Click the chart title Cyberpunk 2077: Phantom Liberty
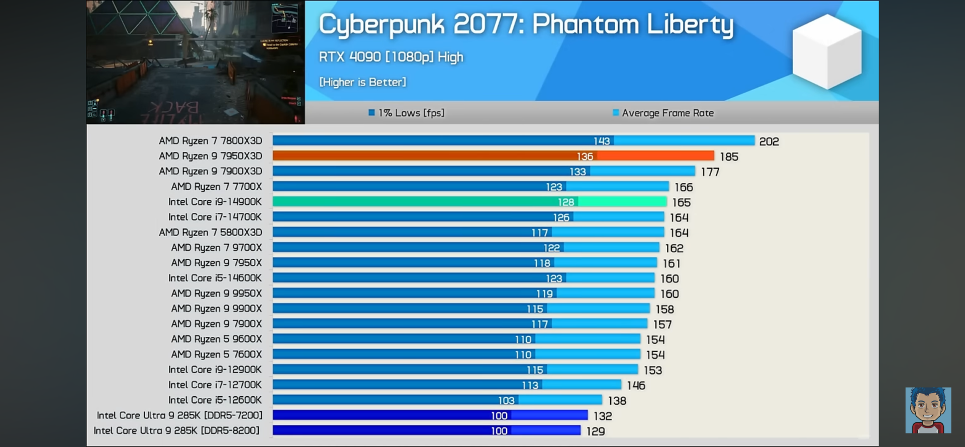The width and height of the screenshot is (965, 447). click(526, 25)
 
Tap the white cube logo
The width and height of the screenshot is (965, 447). click(827, 51)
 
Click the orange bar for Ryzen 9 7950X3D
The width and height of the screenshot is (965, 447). click(493, 156)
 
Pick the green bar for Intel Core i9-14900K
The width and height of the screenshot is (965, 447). click(469, 202)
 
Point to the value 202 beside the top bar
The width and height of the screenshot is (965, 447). click(769, 141)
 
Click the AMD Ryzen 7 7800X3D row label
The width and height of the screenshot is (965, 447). click(210, 141)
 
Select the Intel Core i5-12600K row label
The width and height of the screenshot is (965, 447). click(215, 400)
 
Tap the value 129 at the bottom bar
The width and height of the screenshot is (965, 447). click(596, 431)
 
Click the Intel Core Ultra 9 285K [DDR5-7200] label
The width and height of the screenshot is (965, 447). click(179, 415)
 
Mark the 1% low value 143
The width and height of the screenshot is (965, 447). click(601, 141)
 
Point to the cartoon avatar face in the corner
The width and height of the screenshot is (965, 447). click(928, 410)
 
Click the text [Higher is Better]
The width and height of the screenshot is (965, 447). click(362, 82)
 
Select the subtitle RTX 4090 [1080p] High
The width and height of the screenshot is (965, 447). click(391, 57)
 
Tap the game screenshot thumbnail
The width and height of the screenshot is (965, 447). click(196, 62)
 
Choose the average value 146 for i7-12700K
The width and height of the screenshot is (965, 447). click(636, 386)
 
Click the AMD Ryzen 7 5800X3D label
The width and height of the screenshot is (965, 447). click(210, 233)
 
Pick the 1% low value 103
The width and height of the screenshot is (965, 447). click(506, 401)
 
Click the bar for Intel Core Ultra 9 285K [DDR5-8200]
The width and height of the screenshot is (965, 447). click(426, 431)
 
